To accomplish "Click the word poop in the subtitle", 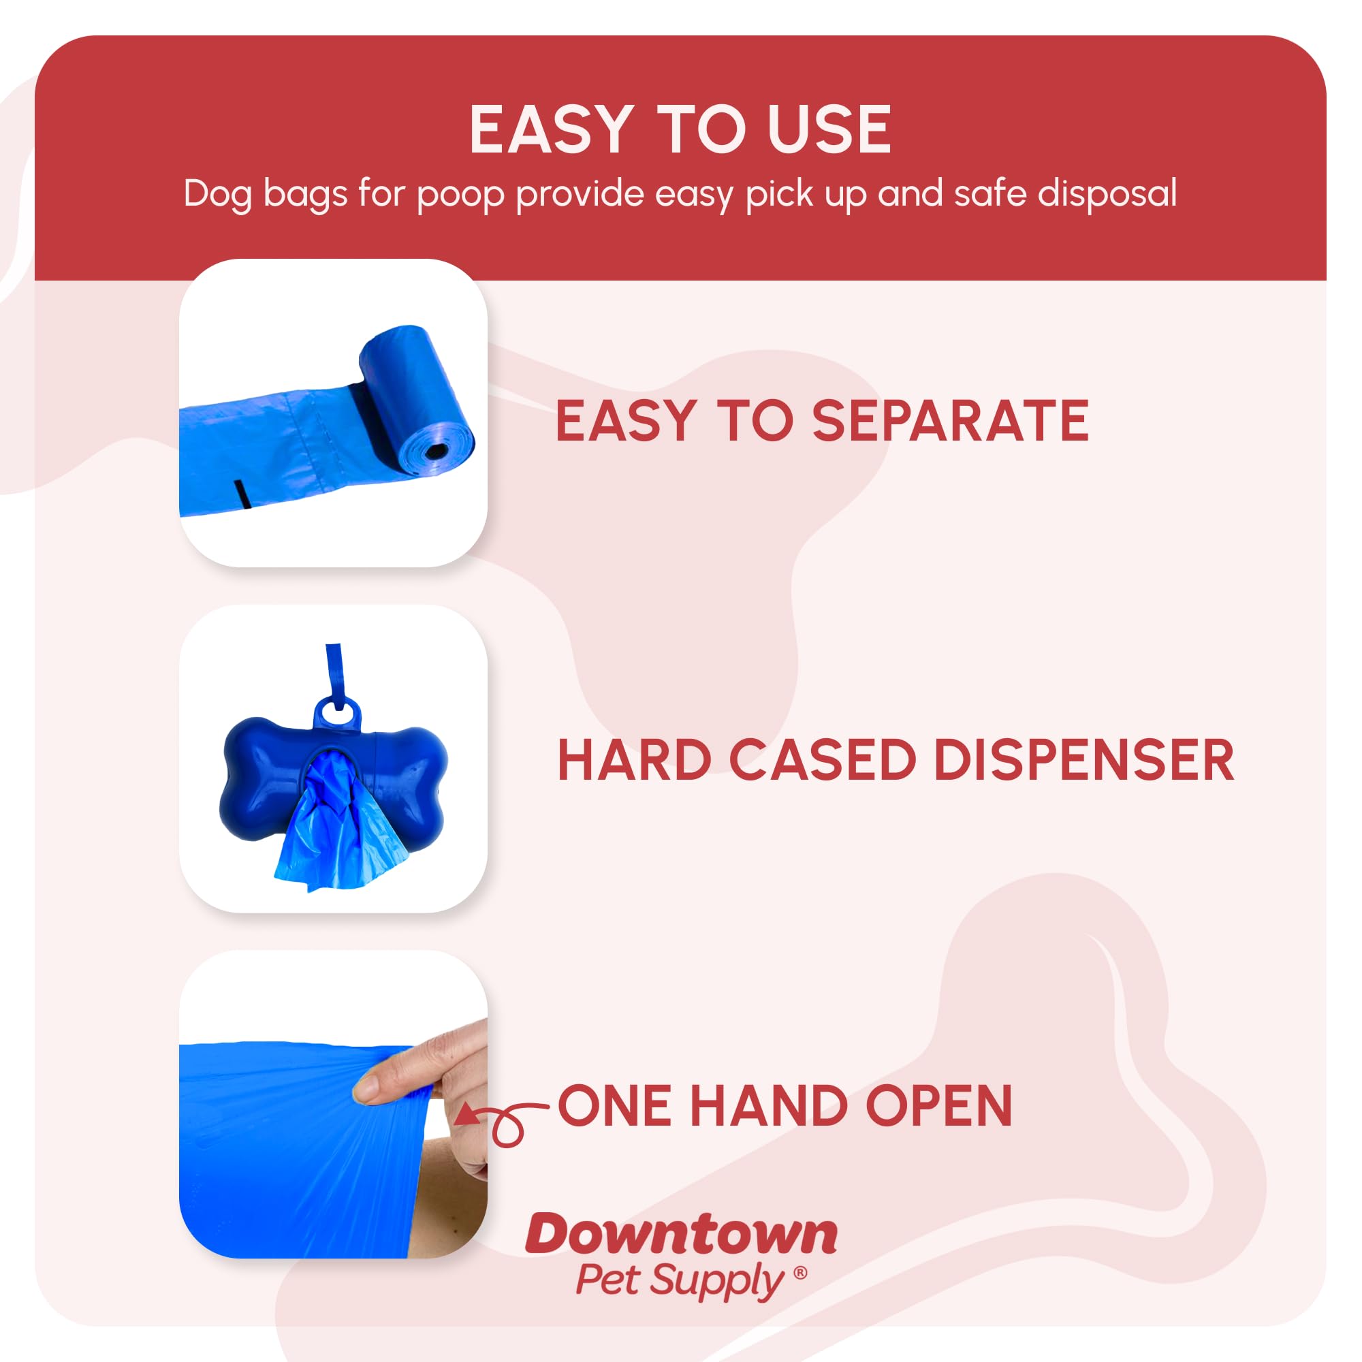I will pos(460,195).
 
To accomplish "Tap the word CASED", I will pos(822,761).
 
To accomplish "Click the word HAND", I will pos(769,1106).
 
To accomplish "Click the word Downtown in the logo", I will pos(681,1235).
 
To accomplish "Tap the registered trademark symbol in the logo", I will pos(800,1273).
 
